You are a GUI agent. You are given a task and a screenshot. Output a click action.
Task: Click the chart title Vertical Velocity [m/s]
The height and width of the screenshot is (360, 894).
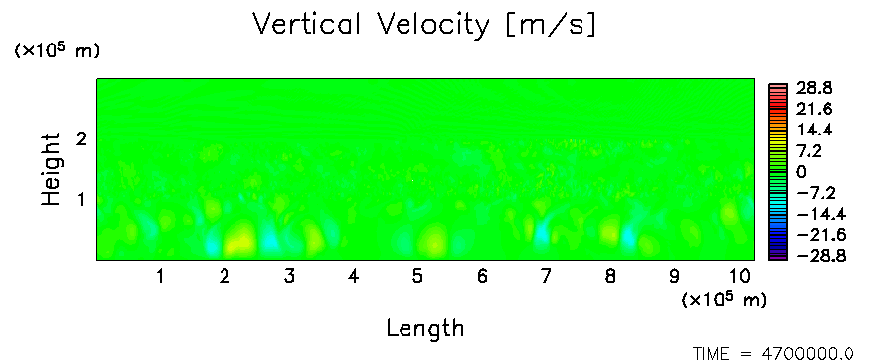click(x=424, y=25)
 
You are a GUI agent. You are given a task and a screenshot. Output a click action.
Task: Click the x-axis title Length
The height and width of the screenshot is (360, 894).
click(x=425, y=328)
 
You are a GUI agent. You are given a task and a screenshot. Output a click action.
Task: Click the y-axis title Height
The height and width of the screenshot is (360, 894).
click(x=50, y=169)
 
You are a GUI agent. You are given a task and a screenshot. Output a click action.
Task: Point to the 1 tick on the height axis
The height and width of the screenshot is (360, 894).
click(x=81, y=200)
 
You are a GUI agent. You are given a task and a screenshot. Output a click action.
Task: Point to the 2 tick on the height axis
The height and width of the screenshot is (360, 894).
click(x=81, y=138)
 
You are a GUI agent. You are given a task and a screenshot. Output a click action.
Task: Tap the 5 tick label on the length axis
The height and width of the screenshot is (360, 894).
click(x=418, y=277)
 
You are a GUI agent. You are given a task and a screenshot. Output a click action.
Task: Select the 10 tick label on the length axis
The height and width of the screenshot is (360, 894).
click(x=739, y=277)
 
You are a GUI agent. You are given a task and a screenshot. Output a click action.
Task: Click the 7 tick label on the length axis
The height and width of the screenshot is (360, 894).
click(x=546, y=277)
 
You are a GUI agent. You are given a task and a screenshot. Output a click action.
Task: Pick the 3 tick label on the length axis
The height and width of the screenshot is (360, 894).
click(x=289, y=277)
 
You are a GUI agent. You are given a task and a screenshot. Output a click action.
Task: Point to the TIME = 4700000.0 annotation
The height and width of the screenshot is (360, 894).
click(x=773, y=354)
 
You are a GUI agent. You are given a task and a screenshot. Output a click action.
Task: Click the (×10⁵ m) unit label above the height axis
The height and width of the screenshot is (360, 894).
click(x=56, y=50)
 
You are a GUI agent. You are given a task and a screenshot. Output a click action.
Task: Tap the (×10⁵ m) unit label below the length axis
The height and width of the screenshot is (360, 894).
click(x=725, y=299)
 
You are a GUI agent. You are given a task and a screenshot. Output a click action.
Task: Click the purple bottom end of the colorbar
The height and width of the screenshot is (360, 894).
click(x=778, y=257)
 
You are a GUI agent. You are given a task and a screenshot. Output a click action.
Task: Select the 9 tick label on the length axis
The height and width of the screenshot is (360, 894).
click(x=674, y=277)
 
